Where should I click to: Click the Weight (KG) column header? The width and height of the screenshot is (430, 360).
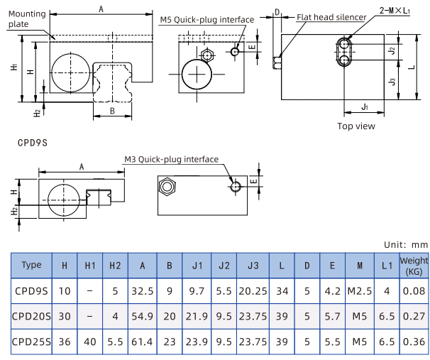(414, 267)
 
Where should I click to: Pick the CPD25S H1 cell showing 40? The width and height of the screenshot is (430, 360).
(90, 342)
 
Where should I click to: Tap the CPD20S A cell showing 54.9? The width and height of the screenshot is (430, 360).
(143, 317)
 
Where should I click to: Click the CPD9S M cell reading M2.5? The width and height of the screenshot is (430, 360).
(360, 291)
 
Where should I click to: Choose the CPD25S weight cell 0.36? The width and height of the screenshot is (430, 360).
(414, 342)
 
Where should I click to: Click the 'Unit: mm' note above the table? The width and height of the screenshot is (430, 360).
(406, 244)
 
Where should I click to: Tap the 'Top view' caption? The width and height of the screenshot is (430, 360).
(356, 126)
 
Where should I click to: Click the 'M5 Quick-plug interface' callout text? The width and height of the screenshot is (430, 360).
(206, 19)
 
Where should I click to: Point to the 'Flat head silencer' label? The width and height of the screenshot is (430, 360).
(331, 16)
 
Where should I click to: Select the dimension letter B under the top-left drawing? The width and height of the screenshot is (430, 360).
(113, 111)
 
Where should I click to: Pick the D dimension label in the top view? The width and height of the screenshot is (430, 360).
(277, 12)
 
